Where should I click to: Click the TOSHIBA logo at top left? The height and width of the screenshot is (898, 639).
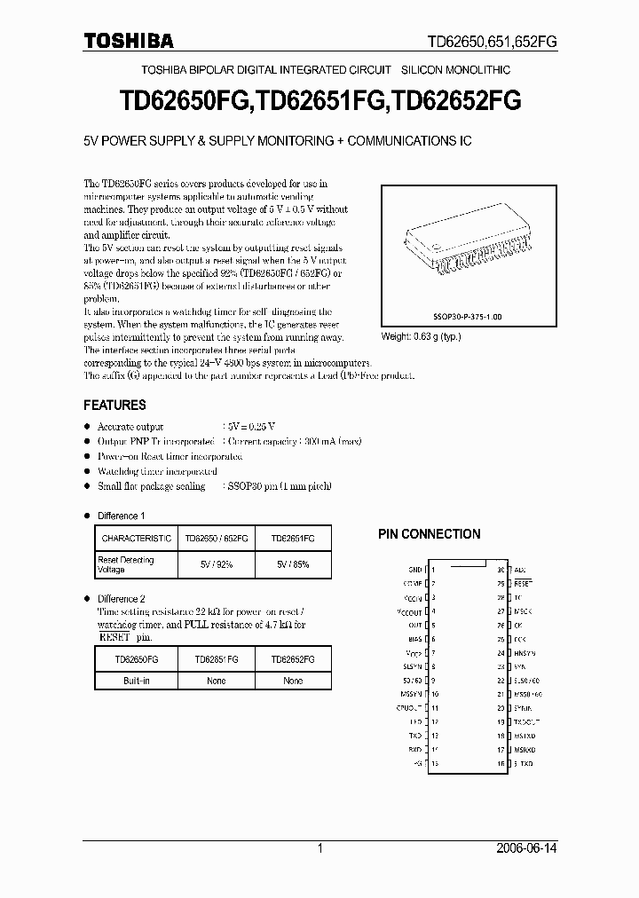click(x=129, y=40)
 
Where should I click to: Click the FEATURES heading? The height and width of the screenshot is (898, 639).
click(x=114, y=405)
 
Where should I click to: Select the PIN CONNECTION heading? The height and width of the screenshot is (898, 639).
click(x=430, y=534)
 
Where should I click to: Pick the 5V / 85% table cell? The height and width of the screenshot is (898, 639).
click(x=293, y=564)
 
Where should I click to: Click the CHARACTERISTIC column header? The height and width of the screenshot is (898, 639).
click(x=136, y=539)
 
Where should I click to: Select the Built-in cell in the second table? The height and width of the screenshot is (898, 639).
click(x=136, y=681)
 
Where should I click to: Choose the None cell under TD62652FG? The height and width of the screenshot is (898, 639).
click(x=293, y=681)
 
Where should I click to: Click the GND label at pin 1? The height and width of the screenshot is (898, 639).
click(x=414, y=570)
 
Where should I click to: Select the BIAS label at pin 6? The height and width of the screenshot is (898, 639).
click(x=414, y=639)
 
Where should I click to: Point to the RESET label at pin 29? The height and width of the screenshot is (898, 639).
click(x=523, y=584)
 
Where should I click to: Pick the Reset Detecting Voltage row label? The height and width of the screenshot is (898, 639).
click(x=126, y=564)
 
